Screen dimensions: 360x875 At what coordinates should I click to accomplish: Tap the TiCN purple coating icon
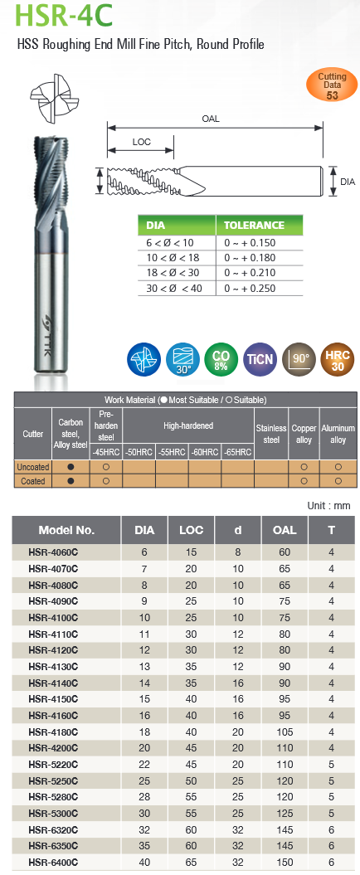point(260,358)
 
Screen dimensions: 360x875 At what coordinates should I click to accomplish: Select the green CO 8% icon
point(221,358)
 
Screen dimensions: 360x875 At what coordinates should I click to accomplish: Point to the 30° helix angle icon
point(183,358)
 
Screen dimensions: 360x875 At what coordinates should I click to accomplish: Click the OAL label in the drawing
point(211,119)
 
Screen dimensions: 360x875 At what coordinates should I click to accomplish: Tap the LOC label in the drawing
point(142,142)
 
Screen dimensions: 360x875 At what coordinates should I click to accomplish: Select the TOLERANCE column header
point(254,226)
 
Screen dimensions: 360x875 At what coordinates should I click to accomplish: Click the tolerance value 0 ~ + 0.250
point(250,289)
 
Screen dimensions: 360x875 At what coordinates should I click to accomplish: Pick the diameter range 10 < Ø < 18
point(173,258)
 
